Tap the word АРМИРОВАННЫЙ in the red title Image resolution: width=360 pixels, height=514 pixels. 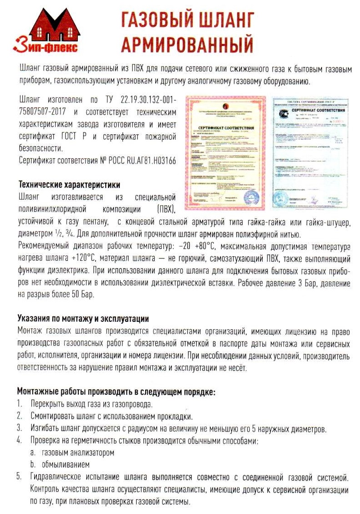pos(187,44)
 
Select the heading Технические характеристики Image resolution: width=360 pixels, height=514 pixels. pos(69,185)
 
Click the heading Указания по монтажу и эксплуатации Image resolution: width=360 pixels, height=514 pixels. pos(83,318)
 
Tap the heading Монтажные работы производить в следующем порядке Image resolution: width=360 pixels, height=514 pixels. pos(116,392)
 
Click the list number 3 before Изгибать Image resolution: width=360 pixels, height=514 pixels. pos(20,428)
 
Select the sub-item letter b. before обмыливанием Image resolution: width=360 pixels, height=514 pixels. pos(33,465)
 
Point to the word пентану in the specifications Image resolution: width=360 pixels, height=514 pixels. pos(94,223)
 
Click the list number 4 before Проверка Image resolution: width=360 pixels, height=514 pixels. pos(20,441)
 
